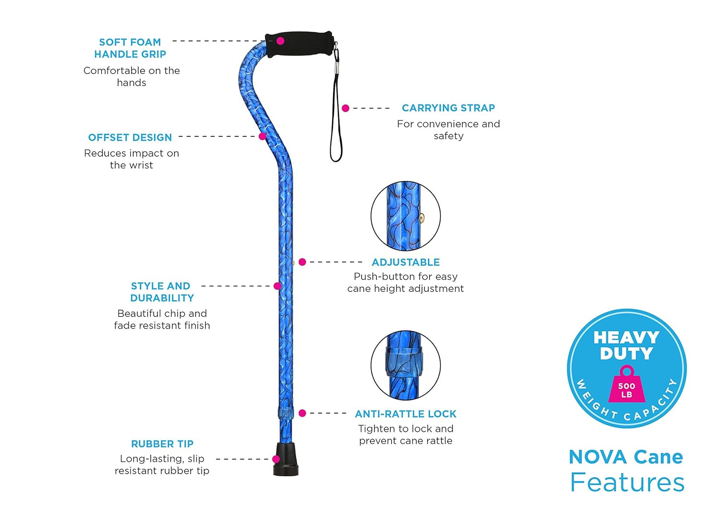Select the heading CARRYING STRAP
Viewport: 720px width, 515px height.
click(448, 108)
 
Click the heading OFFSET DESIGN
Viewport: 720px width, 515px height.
click(130, 138)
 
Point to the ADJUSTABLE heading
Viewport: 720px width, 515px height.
click(406, 263)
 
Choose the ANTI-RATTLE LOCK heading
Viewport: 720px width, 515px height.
click(406, 414)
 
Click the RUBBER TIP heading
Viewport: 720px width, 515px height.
click(162, 444)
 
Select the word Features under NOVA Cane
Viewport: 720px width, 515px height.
click(627, 482)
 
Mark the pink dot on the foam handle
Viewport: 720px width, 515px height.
click(280, 41)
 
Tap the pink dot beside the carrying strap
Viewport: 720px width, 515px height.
click(346, 108)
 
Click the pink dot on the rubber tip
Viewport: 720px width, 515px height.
click(276, 459)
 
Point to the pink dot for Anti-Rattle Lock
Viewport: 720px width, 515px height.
click(302, 413)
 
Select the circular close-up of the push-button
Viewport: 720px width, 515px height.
click(406, 216)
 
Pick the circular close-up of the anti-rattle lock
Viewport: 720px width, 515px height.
click(406, 365)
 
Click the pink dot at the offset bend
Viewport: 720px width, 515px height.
click(263, 136)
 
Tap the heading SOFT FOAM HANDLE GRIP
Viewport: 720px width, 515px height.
click(130, 48)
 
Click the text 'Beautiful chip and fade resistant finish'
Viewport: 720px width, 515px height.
click(162, 320)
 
